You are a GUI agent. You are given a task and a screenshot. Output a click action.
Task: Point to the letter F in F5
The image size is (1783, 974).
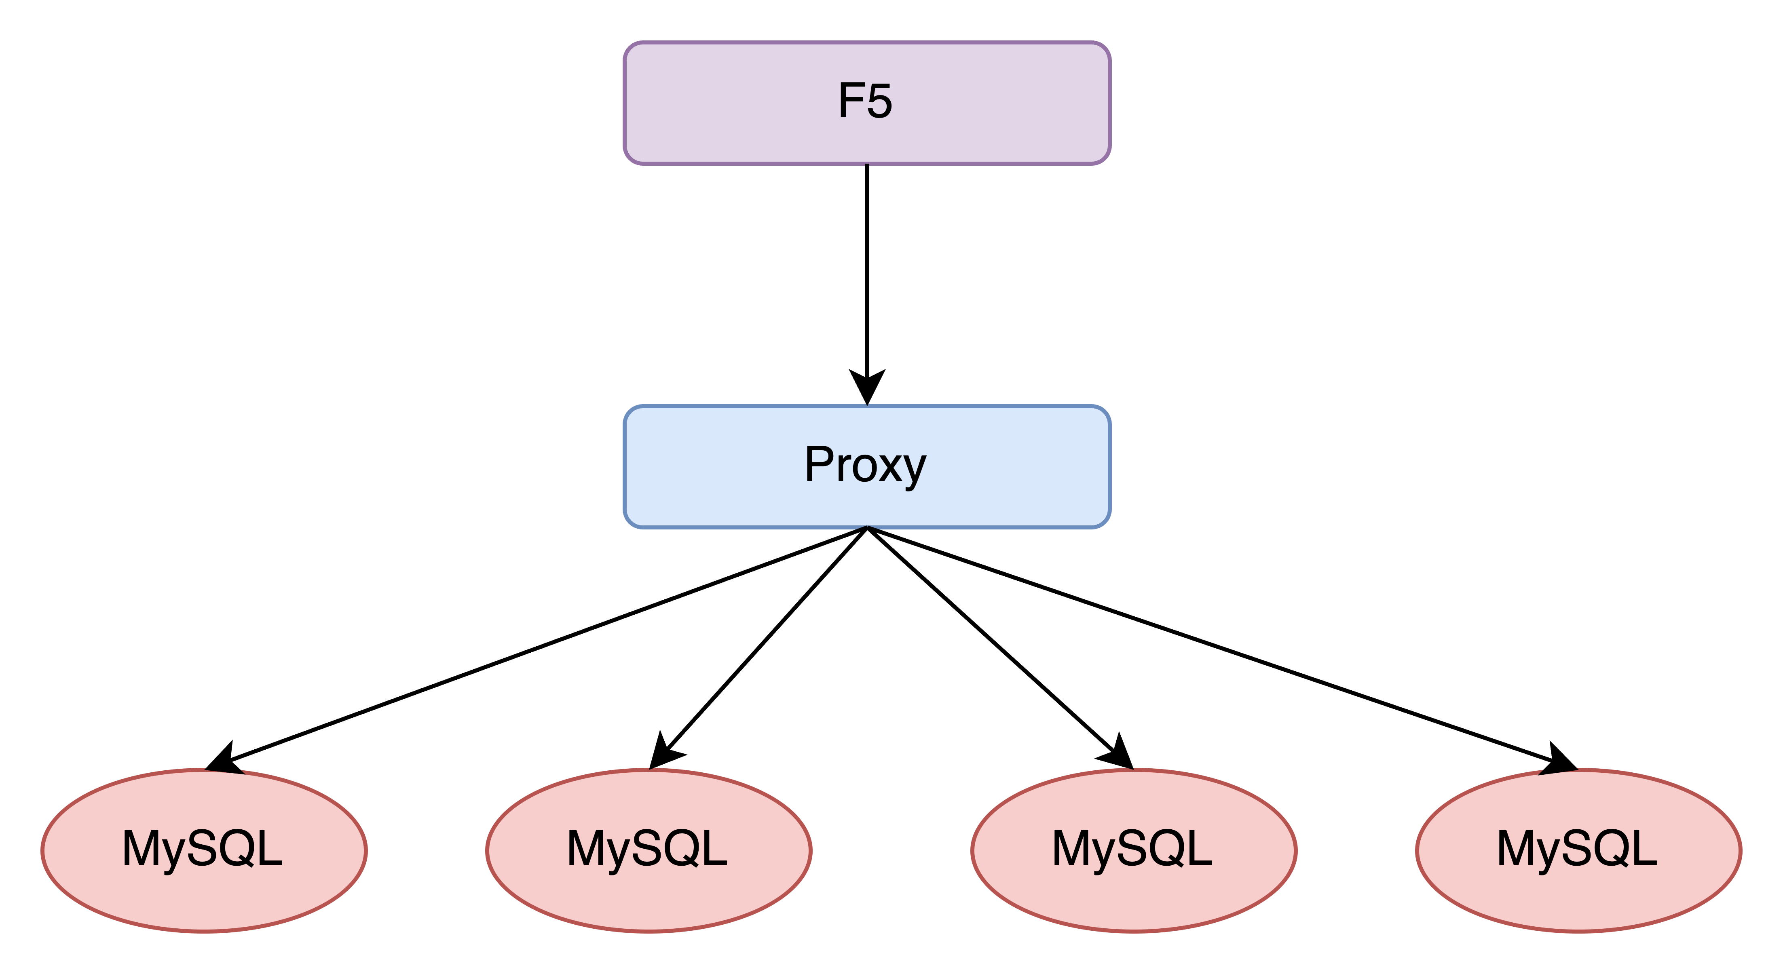851,101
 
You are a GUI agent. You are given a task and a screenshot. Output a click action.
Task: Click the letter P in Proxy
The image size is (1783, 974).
819,464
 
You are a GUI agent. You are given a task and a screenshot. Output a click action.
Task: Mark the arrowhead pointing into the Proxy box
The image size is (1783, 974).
866,388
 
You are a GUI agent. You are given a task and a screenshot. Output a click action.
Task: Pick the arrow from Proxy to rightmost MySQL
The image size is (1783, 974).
1218,647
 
